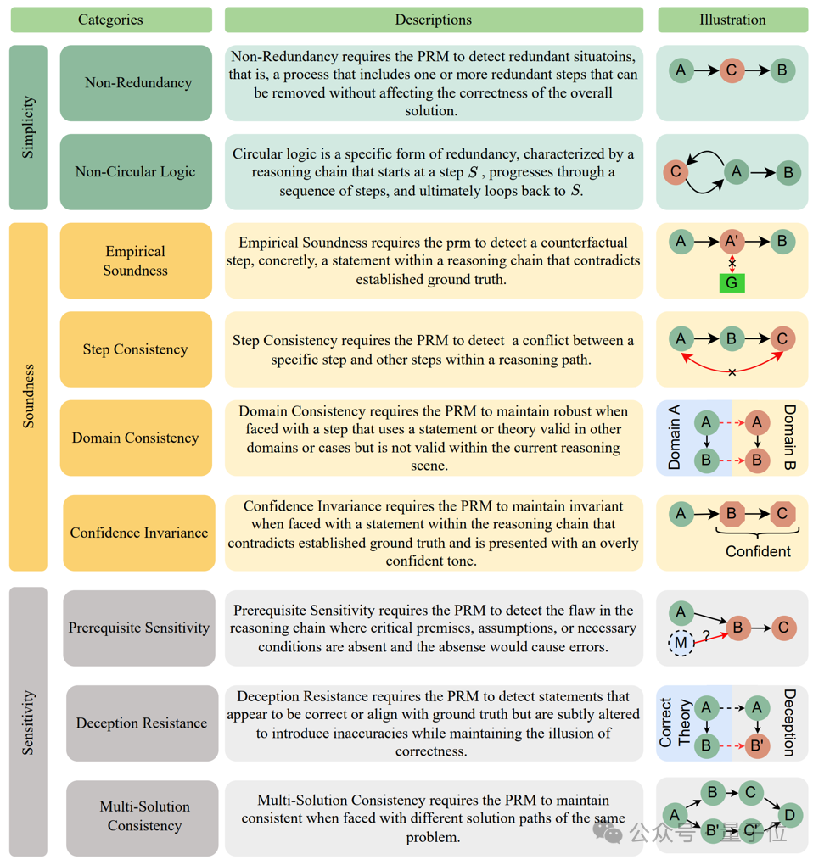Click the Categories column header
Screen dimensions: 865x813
(x=110, y=20)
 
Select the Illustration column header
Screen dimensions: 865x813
(x=732, y=20)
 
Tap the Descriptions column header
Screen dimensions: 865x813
(x=433, y=20)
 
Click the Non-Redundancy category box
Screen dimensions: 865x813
(x=136, y=83)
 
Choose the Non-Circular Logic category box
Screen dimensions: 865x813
(x=136, y=171)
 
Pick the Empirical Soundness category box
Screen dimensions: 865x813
(x=136, y=260)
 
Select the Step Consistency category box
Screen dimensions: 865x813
(x=136, y=349)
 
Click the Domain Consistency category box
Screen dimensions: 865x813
(x=136, y=438)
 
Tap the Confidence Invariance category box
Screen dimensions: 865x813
(x=139, y=533)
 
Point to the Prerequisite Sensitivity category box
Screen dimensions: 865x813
(x=139, y=628)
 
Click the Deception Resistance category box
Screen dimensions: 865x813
(x=142, y=723)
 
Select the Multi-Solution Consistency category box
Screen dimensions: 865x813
(x=144, y=816)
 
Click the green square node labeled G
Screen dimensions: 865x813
(x=732, y=282)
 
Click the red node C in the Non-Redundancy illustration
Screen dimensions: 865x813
(x=732, y=70)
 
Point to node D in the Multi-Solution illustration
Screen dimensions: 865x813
(x=789, y=816)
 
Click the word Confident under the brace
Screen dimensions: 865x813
(x=758, y=551)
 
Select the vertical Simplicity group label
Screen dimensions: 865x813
(x=28, y=127)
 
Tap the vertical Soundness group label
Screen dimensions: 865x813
(x=28, y=396)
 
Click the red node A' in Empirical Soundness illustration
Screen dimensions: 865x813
(x=732, y=242)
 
